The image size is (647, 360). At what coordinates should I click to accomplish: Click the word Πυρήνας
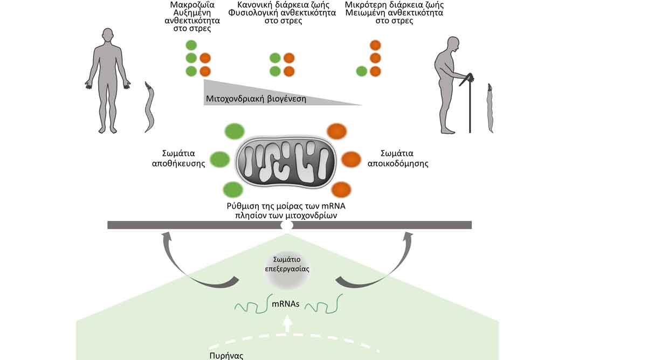point(224,356)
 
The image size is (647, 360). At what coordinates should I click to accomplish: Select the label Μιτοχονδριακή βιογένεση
point(256,99)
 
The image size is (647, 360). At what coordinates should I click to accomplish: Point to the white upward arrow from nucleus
point(287,323)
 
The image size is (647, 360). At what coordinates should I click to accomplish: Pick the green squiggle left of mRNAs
point(250,306)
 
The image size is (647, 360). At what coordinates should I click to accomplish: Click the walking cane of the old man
point(470,105)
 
